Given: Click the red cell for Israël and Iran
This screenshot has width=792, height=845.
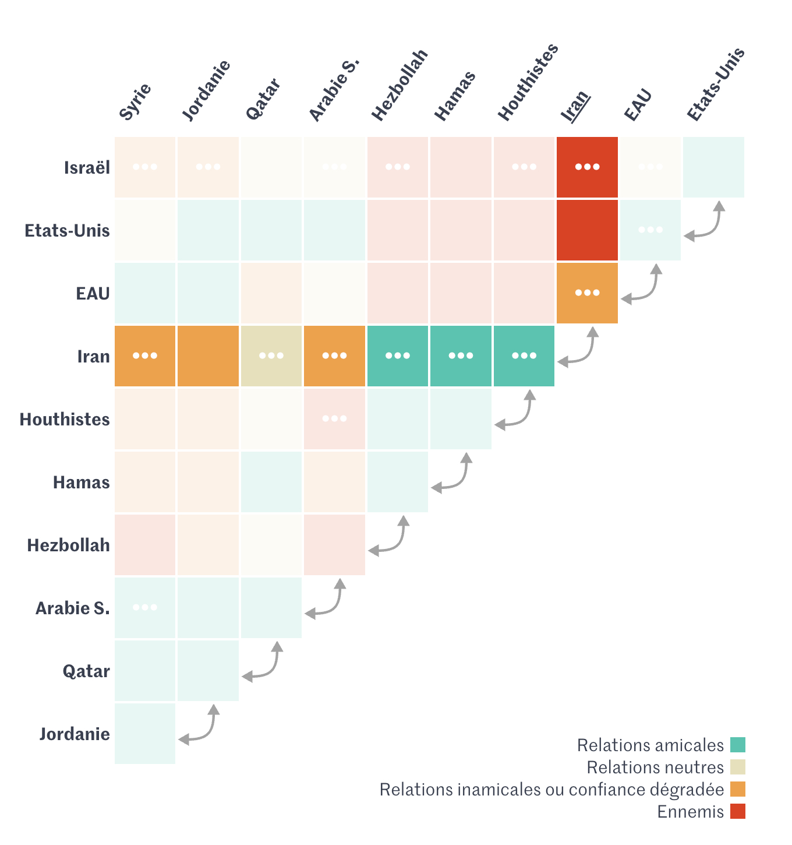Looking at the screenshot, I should [587, 167].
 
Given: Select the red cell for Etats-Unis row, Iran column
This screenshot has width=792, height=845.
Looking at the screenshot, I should [587, 230].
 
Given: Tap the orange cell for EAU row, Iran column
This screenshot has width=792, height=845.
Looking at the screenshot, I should [587, 293].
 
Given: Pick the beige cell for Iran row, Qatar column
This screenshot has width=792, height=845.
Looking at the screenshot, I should [271, 356].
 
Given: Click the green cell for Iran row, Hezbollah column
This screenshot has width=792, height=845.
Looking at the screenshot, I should [398, 356].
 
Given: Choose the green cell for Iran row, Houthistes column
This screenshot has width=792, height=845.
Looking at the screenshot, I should [524, 356].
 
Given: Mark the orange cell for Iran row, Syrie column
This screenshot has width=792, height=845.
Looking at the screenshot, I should [145, 356].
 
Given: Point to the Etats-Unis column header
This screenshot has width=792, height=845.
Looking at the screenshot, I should [716, 85].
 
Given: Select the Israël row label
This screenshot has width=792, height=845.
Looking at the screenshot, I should [87, 168].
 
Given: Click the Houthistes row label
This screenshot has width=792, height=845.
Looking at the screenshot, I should [65, 420].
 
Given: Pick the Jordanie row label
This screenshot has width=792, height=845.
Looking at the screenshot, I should [75, 734].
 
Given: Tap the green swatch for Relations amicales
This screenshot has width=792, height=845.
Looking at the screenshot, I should [738, 745].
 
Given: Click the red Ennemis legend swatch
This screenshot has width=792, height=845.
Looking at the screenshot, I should [738, 811].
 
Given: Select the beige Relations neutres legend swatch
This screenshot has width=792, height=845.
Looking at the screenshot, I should [738, 767].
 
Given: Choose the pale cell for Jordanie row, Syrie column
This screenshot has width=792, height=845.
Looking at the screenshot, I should [145, 734].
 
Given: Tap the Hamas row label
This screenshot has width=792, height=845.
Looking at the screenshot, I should [82, 483].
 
